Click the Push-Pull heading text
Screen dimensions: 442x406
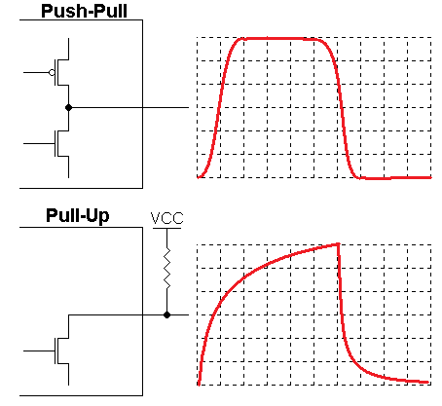[x=84, y=11]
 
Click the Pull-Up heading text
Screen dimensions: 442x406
[x=78, y=215]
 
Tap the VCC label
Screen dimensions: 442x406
[x=166, y=218]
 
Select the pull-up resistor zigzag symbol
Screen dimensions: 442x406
[x=166, y=268]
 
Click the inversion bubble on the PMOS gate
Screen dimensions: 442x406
[x=52, y=72]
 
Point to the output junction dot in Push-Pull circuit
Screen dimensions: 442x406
[x=68, y=107]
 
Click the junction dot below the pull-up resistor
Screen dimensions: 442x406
[x=166, y=314]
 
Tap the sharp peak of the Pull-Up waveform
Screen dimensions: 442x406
[x=338, y=244]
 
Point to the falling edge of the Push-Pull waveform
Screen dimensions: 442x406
[x=341, y=107]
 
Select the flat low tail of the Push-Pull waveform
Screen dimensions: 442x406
[x=395, y=178]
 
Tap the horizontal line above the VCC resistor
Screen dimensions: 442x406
[x=166, y=228]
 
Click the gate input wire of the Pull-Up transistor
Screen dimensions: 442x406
[x=39, y=351]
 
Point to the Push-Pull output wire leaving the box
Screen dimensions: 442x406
[x=166, y=107]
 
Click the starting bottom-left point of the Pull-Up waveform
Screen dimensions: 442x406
[x=199, y=384]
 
